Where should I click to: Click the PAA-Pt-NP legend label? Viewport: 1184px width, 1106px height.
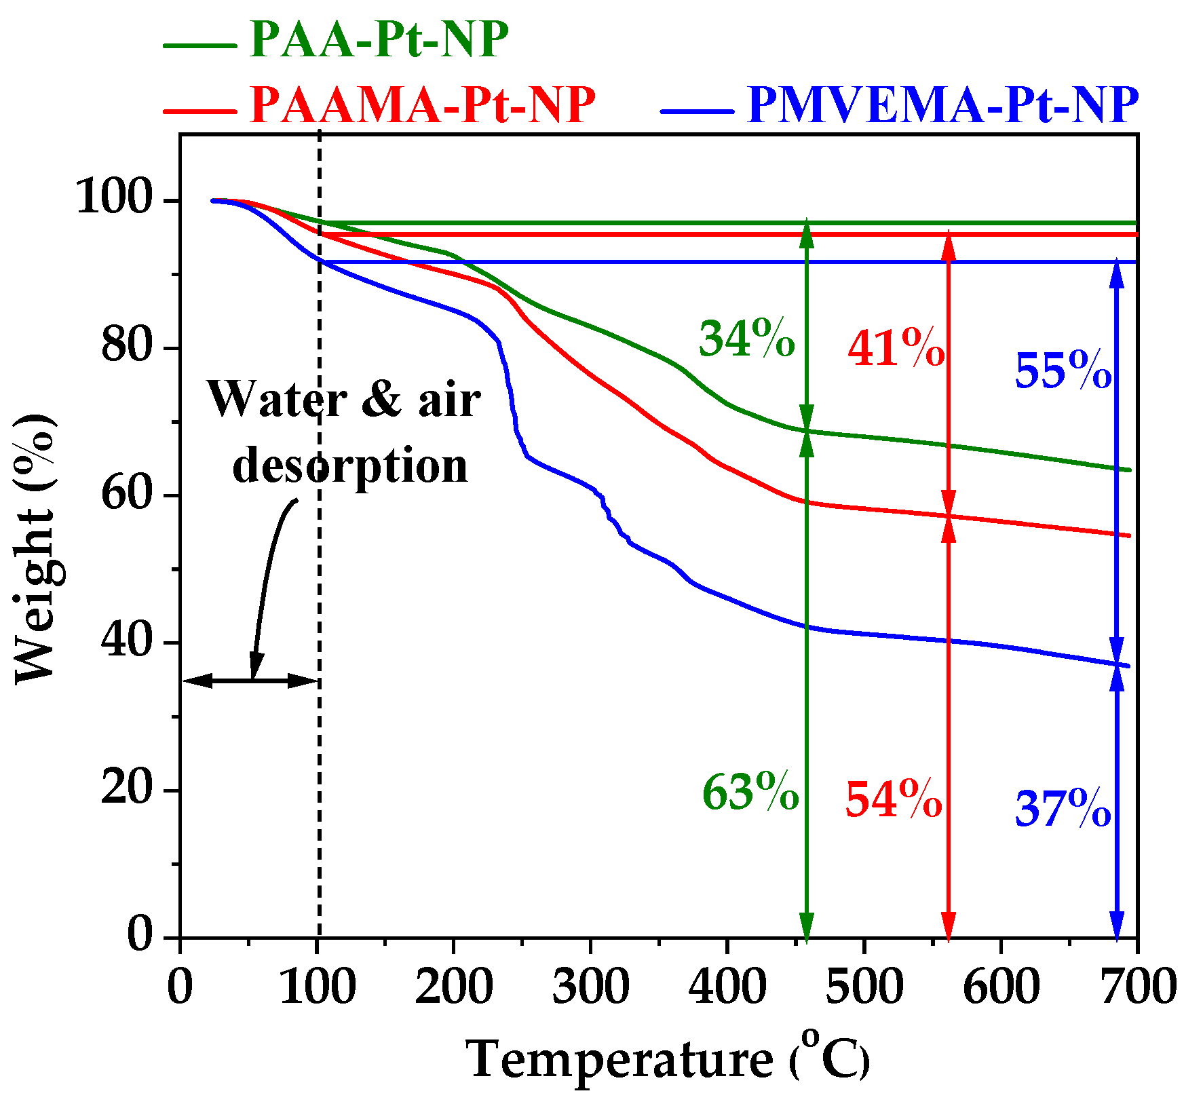[x=379, y=39]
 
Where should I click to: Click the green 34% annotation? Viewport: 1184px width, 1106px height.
[x=746, y=339]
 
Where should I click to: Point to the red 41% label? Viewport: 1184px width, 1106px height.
[x=896, y=349]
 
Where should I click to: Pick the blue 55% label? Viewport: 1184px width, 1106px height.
[x=1063, y=371]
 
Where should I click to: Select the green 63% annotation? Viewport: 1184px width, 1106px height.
[x=750, y=792]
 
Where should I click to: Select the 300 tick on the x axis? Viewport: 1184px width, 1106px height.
[x=590, y=987]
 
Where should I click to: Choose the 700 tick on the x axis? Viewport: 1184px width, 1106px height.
[x=1138, y=987]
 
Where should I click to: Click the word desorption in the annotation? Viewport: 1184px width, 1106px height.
[x=350, y=466]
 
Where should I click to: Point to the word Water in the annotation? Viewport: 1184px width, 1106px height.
[x=278, y=399]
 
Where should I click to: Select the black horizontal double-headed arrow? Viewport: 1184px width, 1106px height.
[x=250, y=681]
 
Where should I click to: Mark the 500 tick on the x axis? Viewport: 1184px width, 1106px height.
[x=864, y=987]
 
